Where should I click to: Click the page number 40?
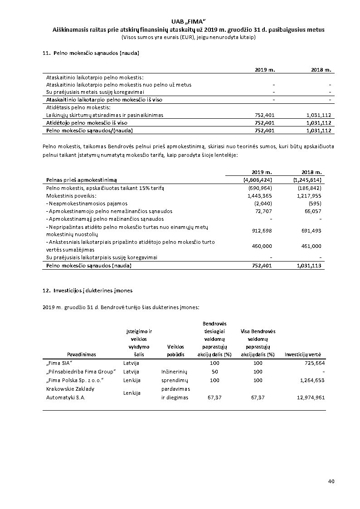331,481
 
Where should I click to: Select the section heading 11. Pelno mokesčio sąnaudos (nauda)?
91,53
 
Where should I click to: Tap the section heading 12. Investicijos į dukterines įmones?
88,290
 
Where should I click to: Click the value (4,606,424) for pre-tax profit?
258,180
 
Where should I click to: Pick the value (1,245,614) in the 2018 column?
307,180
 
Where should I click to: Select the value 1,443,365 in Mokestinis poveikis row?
259,196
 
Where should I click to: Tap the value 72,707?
263,211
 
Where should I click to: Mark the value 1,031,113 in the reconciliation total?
309,266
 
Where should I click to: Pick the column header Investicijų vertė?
305,354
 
